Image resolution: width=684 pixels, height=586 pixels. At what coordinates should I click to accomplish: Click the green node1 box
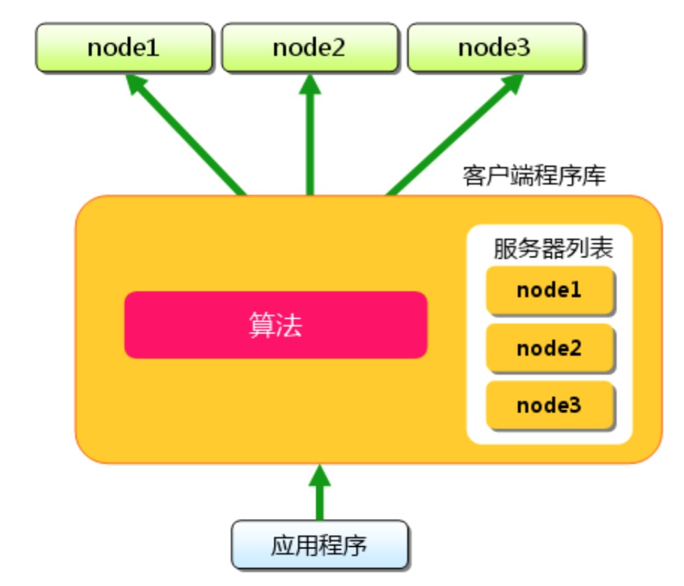coord(124,48)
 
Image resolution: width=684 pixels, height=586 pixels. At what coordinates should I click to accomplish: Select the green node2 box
coord(309,48)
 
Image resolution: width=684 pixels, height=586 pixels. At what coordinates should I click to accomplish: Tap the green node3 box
coord(495,48)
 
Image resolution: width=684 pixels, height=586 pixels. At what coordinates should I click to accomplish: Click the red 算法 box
coord(276,325)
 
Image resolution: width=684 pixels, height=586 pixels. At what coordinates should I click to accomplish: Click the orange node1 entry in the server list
coord(550,290)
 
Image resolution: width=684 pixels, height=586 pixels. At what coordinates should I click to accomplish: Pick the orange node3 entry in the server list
coord(550,405)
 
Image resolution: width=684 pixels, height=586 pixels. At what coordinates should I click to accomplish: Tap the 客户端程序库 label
coord(534,175)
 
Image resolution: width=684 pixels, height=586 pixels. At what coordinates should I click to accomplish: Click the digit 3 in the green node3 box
coord(523,48)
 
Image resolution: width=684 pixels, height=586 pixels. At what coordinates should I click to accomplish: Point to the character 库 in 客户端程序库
coord(596,175)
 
